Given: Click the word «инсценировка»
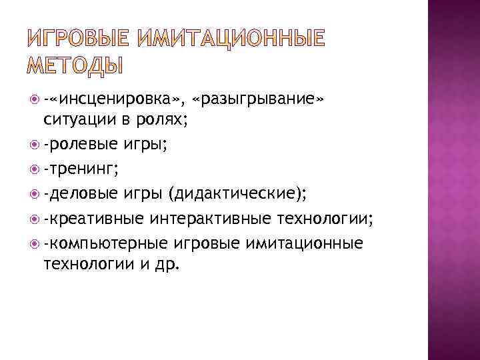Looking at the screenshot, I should (113, 101).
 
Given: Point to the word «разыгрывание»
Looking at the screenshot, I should (257, 101).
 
